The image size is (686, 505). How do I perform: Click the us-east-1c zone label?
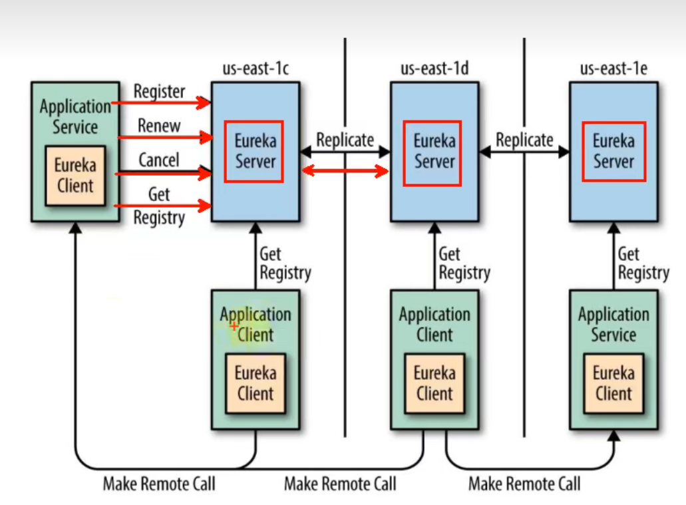tap(256, 69)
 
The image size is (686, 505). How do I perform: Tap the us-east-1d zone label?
tap(434, 69)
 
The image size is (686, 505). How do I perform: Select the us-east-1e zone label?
tap(613, 69)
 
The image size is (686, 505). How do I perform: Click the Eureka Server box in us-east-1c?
tap(254, 151)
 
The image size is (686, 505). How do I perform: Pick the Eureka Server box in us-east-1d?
tap(433, 151)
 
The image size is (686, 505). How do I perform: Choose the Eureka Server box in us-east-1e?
tap(613, 151)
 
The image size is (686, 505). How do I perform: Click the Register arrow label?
tap(159, 91)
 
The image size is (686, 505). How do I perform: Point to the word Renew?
tap(159, 125)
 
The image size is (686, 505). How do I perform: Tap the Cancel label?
tap(158, 160)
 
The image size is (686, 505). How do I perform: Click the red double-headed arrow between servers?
tap(345, 172)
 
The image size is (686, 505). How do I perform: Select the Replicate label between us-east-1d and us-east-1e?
tap(524, 140)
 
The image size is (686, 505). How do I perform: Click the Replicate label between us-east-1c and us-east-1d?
tap(345, 140)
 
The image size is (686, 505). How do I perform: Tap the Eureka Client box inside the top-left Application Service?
tap(75, 176)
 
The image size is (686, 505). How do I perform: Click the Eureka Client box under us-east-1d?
tap(434, 383)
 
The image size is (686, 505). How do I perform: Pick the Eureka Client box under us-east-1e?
tap(613, 383)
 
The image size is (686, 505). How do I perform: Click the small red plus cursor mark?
tap(234, 326)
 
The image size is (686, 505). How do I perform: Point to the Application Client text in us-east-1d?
tap(434, 324)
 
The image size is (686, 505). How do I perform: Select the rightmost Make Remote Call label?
tap(524, 484)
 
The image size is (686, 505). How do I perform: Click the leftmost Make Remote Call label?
tap(159, 484)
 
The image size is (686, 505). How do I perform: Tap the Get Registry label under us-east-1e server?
tap(642, 263)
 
